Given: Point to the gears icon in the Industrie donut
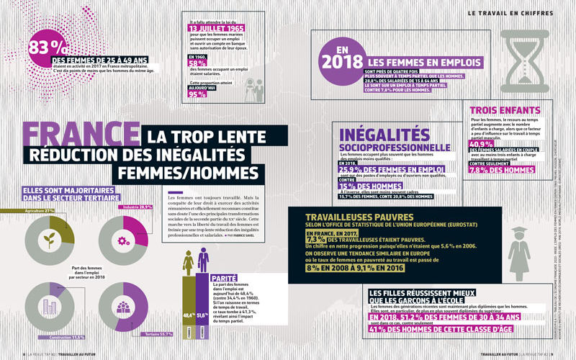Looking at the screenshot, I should [121, 240].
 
